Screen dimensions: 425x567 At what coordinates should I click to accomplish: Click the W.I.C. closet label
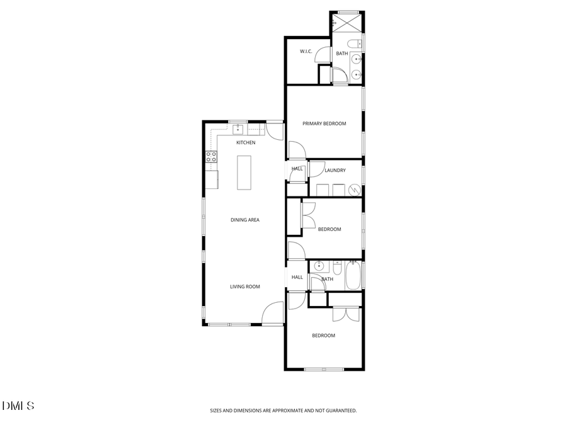tap(307, 51)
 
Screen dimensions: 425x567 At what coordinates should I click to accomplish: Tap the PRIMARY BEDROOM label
tap(324, 123)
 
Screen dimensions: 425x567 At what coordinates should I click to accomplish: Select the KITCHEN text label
tap(246, 143)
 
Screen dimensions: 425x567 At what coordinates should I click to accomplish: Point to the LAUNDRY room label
tap(335, 170)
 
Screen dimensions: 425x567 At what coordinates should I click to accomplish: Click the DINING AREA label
tap(245, 220)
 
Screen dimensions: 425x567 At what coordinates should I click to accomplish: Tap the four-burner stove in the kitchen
tap(211, 157)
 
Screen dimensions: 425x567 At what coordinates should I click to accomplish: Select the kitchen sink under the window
tap(238, 130)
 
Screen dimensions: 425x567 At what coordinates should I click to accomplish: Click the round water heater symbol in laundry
tap(354, 189)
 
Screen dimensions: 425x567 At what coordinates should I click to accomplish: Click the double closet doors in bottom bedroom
tap(345, 314)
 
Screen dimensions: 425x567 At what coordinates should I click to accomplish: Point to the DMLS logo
tap(18, 406)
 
